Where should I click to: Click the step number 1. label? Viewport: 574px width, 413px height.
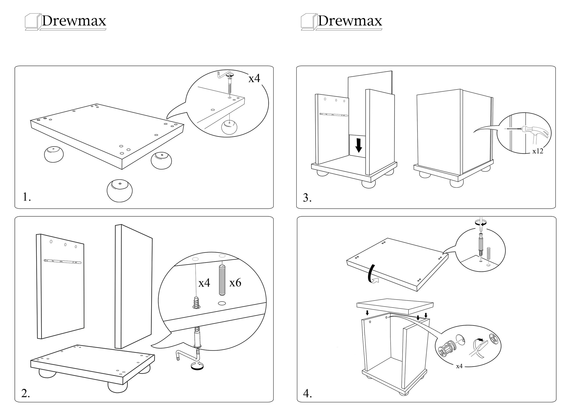[27, 197]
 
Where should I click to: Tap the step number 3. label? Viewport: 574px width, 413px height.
[307, 198]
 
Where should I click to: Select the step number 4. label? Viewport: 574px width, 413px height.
[307, 394]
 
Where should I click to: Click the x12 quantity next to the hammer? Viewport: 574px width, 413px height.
[538, 151]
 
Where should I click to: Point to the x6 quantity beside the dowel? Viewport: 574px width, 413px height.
[235, 283]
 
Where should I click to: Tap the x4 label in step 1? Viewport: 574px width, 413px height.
[254, 78]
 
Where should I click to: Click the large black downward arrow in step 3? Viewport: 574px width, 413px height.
[358, 145]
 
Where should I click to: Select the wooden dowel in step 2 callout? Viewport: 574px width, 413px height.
[222, 280]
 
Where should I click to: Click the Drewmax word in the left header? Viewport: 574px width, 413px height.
[74, 21]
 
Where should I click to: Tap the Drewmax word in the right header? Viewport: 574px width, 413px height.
[350, 21]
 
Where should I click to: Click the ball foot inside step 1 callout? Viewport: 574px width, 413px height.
[229, 127]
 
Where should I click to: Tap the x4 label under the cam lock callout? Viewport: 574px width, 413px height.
[459, 366]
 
